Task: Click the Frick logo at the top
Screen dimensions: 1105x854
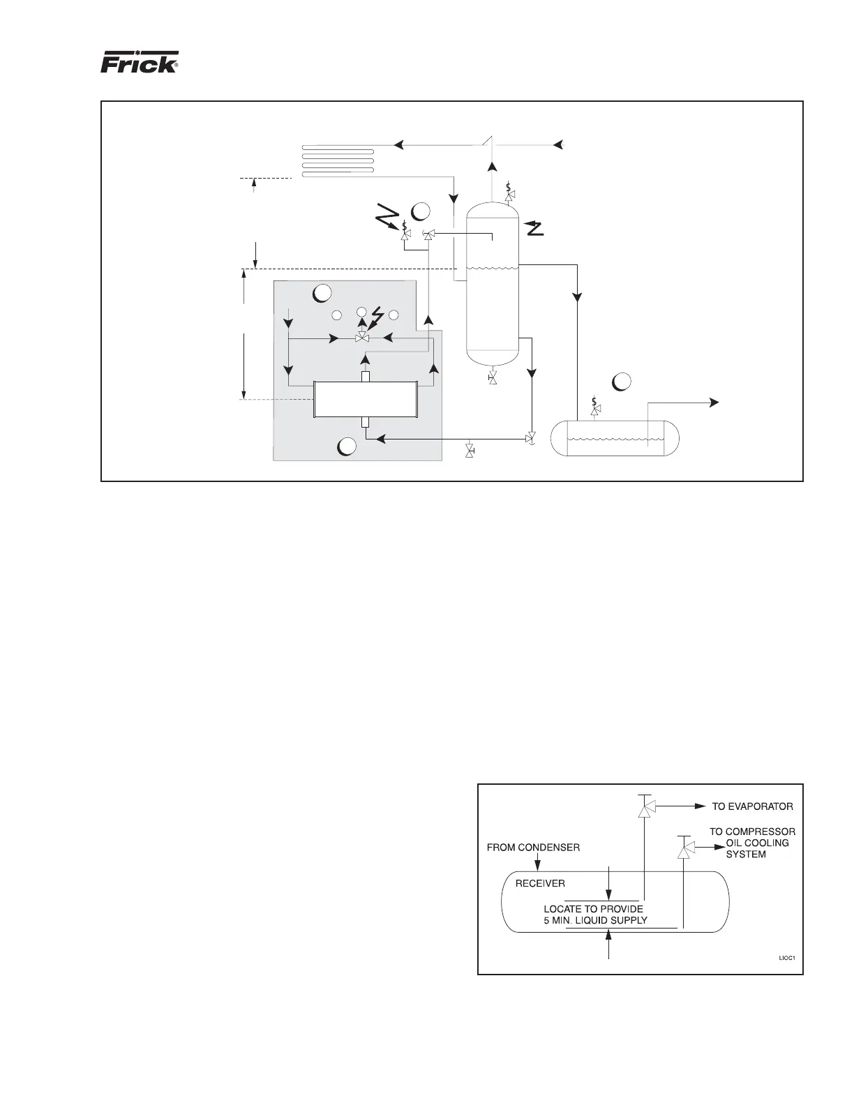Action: (x=140, y=63)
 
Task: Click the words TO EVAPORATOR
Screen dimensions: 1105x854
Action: (x=752, y=806)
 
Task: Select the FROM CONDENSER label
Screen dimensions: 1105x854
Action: (x=533, y=848)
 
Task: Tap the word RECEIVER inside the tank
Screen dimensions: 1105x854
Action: (x=540, y=883)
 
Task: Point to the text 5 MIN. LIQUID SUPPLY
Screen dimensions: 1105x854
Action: (x=595, y=920)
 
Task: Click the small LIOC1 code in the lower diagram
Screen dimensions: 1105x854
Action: (x=787, y=958)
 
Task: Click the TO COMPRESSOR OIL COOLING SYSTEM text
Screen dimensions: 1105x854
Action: (x=752, y=843)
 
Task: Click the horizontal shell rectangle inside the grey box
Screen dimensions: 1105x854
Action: (x=365, y=399)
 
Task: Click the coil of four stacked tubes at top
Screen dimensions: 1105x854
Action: (x=338, y=161)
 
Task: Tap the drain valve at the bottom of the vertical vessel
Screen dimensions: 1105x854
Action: (x=493, y=377)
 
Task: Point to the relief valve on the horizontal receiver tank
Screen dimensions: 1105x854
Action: (x=594, y=409)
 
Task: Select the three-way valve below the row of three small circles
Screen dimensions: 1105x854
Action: (x=361, y=338)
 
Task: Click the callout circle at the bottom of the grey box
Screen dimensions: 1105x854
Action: (x=347, y=446)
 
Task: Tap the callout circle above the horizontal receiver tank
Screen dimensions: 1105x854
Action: (x=622, y=382)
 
